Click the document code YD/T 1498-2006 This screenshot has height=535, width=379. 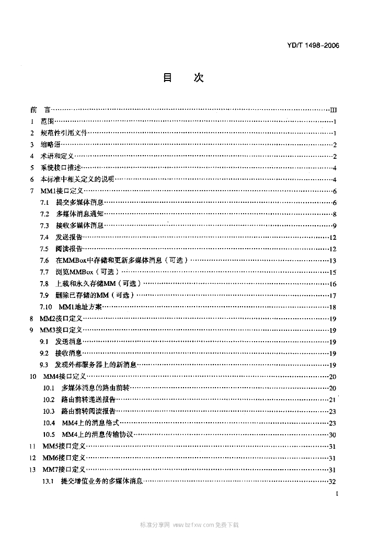pyautogui.click(x=313, y=45)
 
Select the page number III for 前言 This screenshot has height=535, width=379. pyautogui.click(x=334, y=110)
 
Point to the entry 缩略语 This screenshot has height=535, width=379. pyautogui.click(x=51, y=145)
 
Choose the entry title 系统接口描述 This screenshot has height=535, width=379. pyautogui.click(x=61, y=168)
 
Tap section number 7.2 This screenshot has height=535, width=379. pyautogui.click(x=44, y=214)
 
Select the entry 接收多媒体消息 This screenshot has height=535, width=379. pyautogui.click(x=79, y=226)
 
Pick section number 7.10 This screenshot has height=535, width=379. pyautogui.click(x=46, y=307)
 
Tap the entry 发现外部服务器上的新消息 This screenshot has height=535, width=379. pyautogui.click(x=96, y=365)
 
